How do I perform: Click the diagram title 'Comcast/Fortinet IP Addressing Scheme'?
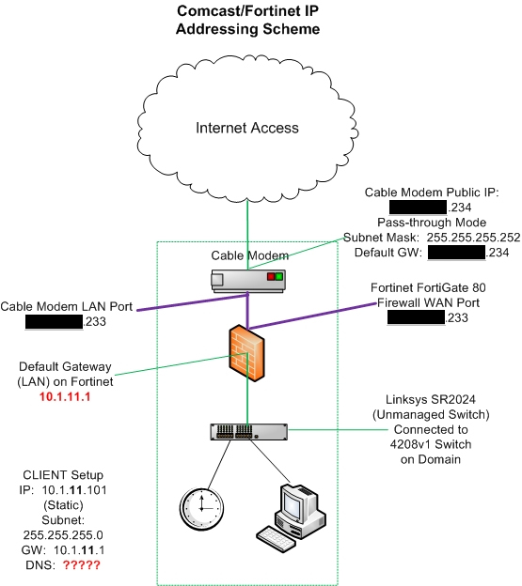point(248,21)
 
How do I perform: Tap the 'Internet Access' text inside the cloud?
point(246,128)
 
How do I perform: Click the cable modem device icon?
point(247,278)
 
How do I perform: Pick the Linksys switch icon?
point(246,432)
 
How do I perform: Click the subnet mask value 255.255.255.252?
point(467,238)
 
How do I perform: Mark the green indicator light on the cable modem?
point(278,278)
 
